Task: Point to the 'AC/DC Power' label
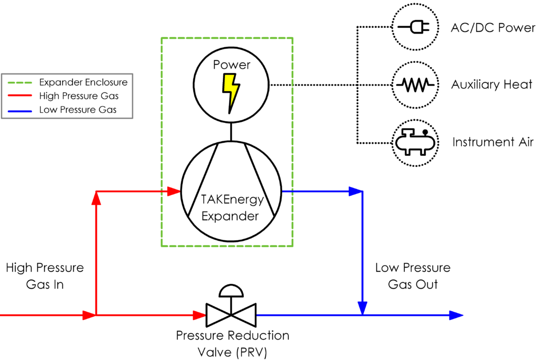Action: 493,28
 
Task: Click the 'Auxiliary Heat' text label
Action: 492,84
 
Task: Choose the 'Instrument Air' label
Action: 492,142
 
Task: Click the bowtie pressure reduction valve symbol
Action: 231,315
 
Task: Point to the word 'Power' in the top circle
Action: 231,66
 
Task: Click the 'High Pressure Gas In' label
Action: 45,276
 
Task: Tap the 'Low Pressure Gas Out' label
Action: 412,276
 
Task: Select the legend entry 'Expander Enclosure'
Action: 83,82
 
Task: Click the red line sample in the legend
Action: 19,96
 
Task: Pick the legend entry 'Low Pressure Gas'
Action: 78,110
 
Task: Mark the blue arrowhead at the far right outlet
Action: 456,315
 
